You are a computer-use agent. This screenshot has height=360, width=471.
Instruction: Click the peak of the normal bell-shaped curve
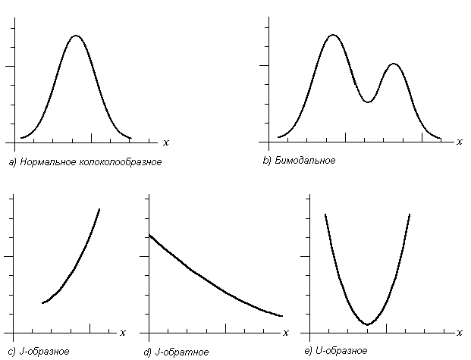click(75, 36)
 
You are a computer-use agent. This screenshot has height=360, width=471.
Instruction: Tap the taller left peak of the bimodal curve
click(332, 35)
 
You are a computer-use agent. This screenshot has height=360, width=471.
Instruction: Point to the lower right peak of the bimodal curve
click(394, 64)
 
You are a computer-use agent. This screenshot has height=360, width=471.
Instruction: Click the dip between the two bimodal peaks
click(367, 102)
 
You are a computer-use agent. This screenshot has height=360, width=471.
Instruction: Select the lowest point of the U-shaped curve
click(367, 324)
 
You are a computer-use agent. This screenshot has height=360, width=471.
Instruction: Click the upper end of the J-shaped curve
click(99, 209)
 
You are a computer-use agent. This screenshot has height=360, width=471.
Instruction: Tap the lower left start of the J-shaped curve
click(42, 303)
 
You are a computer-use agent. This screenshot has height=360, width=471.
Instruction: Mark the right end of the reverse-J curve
click(282, 315)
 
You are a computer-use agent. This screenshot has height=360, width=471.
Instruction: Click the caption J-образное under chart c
click(42, 352)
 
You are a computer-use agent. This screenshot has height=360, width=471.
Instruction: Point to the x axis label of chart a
click(165, 142)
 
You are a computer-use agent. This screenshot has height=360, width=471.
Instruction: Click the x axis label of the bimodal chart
click(460, 142)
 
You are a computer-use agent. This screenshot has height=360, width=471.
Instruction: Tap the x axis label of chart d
click(285, 333)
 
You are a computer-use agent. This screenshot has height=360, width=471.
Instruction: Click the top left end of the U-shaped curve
click(325, 214)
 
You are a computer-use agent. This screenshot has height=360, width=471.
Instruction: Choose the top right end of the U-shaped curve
click(410, 214)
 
